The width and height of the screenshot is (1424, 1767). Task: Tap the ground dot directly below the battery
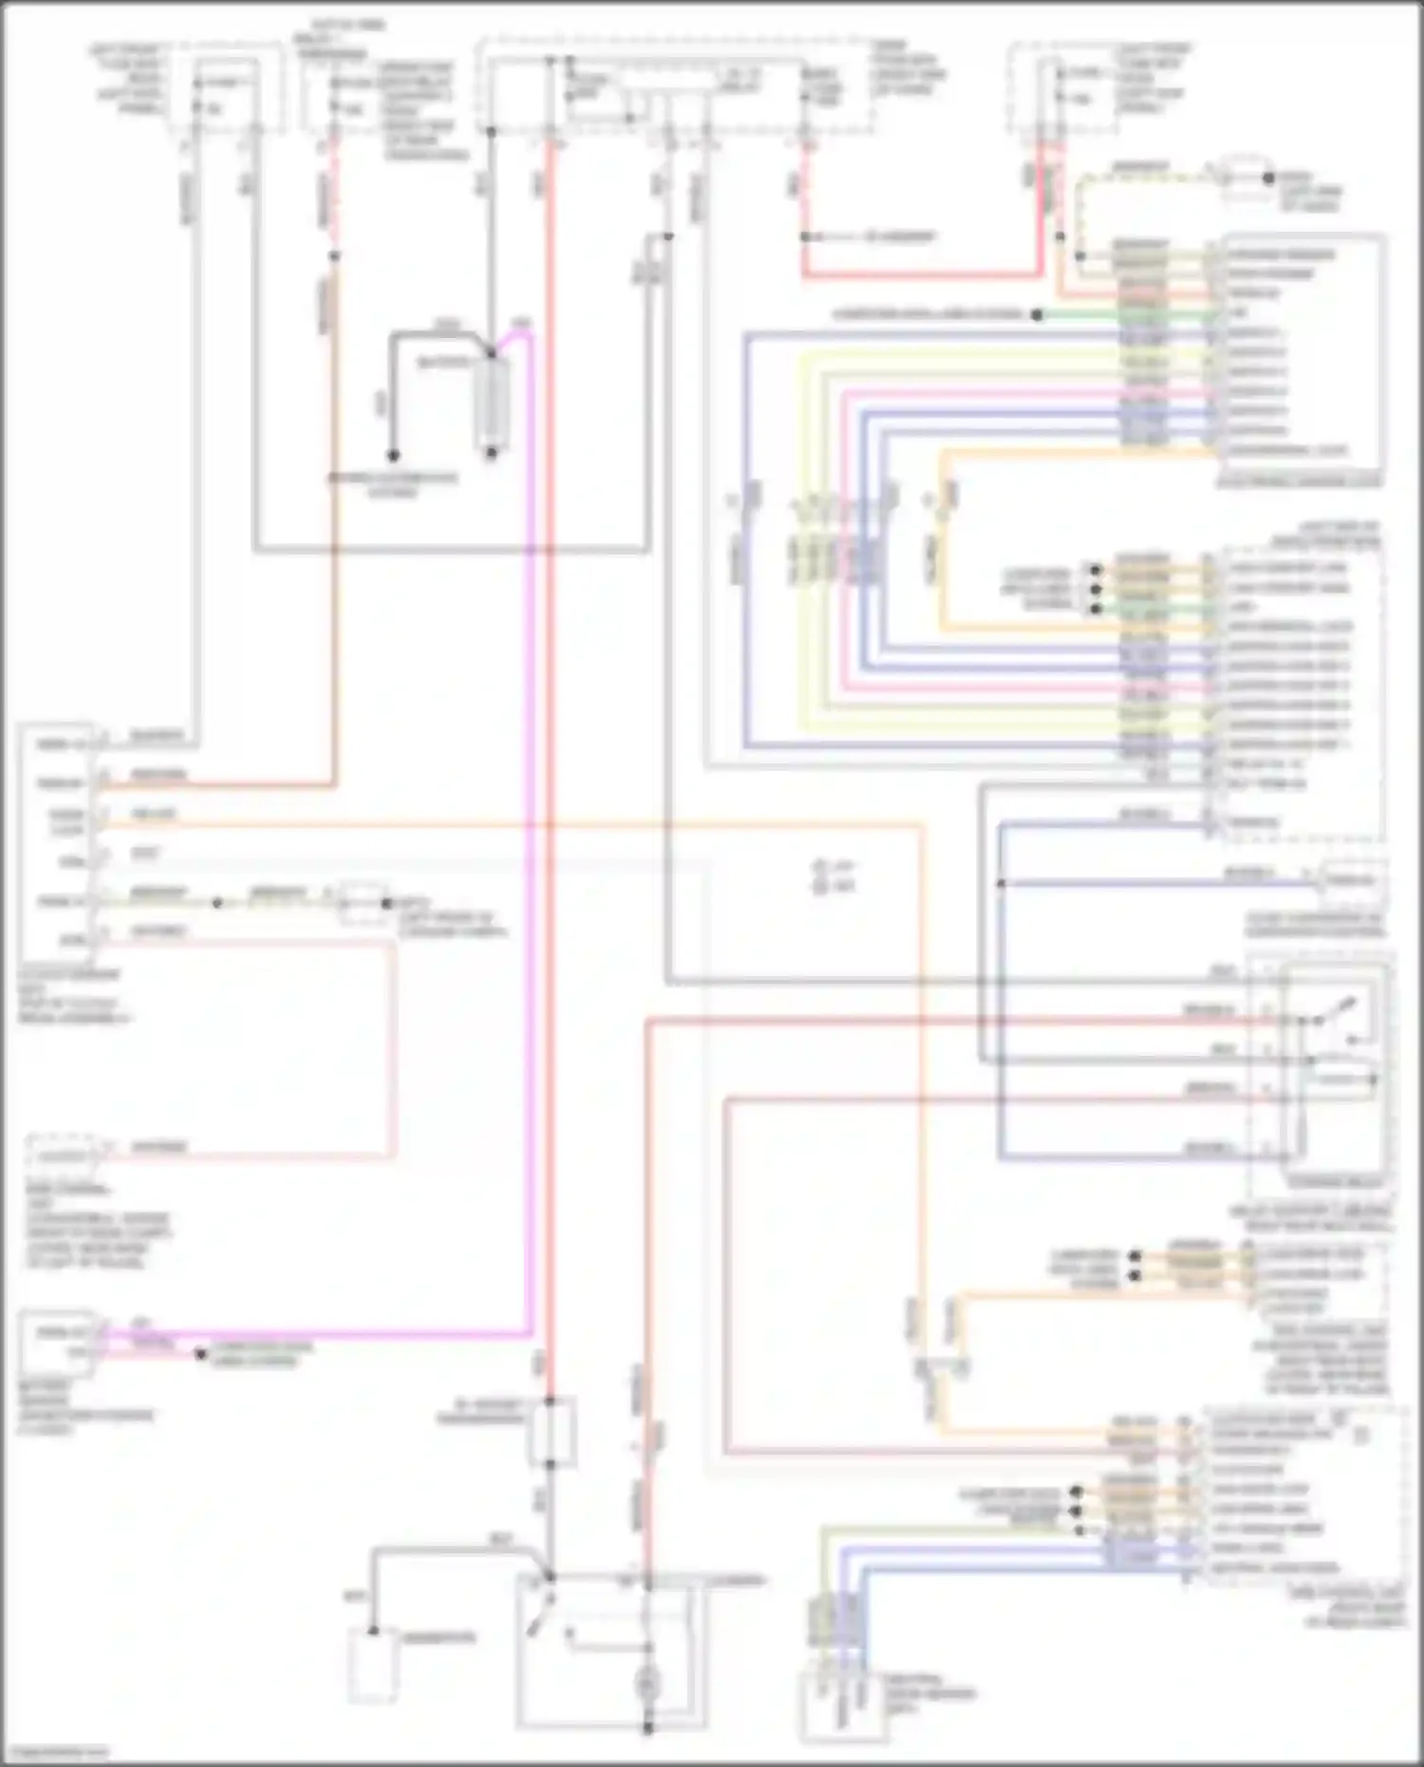pos(492,453)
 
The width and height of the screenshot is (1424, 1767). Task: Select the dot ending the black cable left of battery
pos(392,455)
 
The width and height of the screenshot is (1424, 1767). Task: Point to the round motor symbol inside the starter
pos(648,1683)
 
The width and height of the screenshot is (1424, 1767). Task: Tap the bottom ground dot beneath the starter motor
pos(648,1728)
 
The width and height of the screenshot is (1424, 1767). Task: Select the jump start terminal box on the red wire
pos(551,1432)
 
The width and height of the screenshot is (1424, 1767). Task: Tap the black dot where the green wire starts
pos(1038,314)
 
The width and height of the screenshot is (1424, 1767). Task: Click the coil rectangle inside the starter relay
pos(1339,1080)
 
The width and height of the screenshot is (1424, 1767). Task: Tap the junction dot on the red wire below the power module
pos(805,236)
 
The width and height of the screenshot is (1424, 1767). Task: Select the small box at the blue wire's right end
pos(1351,880)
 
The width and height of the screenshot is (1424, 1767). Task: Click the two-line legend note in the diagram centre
pos(834,875)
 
